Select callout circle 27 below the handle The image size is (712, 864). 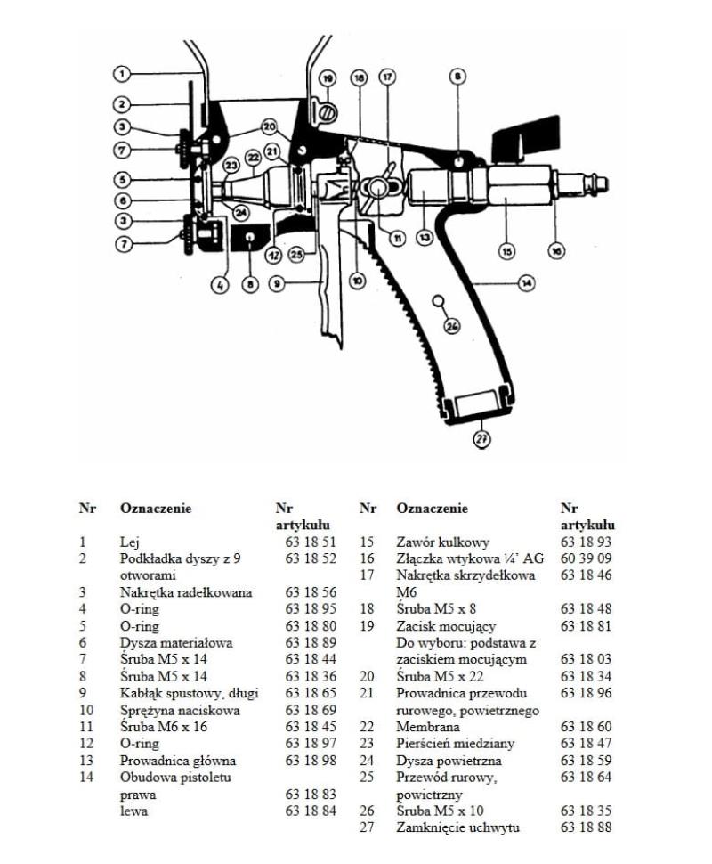[481, 436]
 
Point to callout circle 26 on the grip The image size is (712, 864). [452, 327]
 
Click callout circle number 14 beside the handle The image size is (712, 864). [527, 283]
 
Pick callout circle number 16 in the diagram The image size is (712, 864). [557, 251]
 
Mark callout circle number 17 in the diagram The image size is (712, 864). [387, 77]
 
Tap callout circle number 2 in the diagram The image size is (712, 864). [122, 104]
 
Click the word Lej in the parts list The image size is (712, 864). [129, 542]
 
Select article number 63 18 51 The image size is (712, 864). [311, 542]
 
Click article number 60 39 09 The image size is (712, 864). [587, 558]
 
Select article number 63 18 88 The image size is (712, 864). [587, 827]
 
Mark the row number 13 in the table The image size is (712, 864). [85, 761]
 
